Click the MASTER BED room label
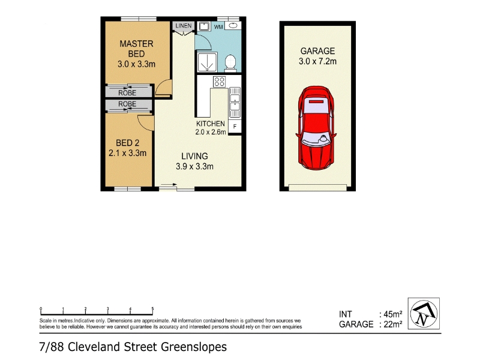[137, 49]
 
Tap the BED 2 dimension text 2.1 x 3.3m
[128, 153]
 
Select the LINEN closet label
[184, 26]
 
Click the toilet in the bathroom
[230, 63]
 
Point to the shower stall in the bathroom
[208, 62]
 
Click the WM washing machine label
[218, 27]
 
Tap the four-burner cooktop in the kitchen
[220, 82]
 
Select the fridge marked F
[235, 126]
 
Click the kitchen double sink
[235, 103]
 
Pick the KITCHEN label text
[211, 124]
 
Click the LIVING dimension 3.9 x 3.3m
[194, 167]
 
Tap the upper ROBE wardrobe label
[127, 92]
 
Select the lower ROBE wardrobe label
[127, 104]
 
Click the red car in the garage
[316, 128]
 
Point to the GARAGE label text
[318, 51]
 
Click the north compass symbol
[424, 313]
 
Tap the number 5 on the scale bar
[152, 309]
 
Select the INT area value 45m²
[393, 314]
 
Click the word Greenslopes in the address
[194, 347]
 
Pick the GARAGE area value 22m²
[393, 324]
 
